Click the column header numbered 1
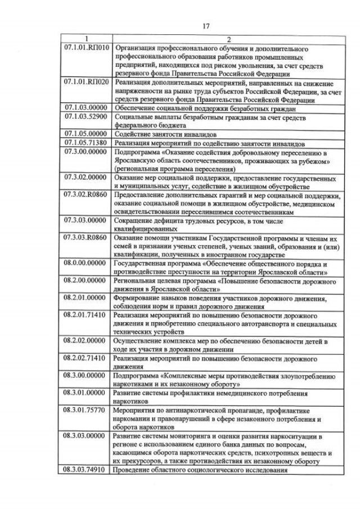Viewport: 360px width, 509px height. tap(86, 39)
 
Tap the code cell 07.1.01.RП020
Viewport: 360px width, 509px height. tap(86, 82)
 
